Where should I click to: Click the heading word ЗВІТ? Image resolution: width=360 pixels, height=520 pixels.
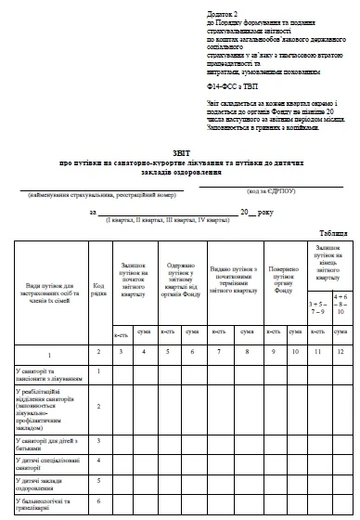click(x=181, y=154)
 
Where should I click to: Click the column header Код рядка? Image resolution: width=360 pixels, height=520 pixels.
click(x=97, y=284)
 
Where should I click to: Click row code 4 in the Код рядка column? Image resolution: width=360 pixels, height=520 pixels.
click(x=97, y=459)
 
